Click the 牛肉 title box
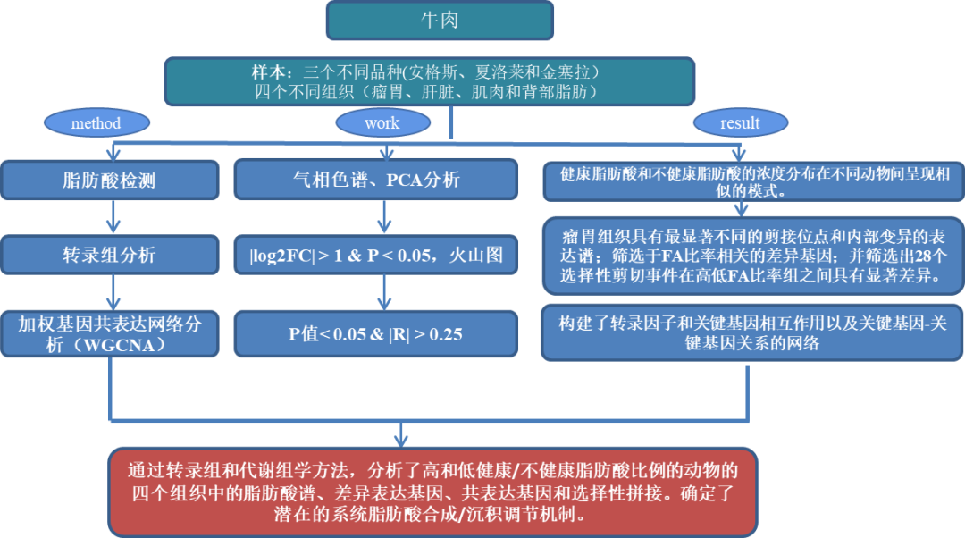(439, 20)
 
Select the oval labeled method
(96, 123)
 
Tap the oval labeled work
(382, 122)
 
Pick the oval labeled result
(740, 122)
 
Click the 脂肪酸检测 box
(109, 180)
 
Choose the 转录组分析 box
(109, 255)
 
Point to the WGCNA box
(109, 333)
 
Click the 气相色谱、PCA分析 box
(375, 180)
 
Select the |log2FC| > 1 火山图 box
(375, 255)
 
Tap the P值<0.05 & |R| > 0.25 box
(375, 333)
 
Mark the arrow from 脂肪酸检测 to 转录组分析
(111, 217)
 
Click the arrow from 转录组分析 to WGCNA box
(111, 292)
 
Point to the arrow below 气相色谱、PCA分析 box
(385, 217)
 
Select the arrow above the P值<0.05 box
(385, 292)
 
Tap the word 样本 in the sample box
(267, 71)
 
